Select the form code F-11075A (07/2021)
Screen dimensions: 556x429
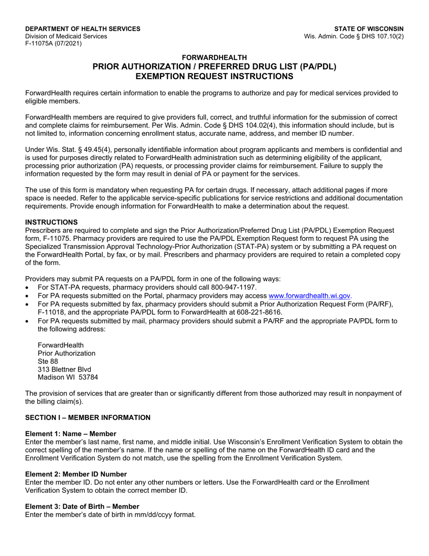coord(53,44)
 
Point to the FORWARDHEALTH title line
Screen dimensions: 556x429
coord(214,57)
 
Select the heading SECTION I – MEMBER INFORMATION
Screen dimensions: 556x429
coord(88,417)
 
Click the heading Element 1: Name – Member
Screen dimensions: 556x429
coord(70,433)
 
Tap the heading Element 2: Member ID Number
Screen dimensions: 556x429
coord(76,474)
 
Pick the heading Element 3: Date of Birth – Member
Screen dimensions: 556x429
coord(82,506)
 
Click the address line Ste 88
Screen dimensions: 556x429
coord(48,361)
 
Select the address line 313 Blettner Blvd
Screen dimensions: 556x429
coord(64,369)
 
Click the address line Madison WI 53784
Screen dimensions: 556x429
coord(68,377)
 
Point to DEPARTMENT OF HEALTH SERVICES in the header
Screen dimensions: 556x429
coord(83,28)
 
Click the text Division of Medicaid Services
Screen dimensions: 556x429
coord(66,36)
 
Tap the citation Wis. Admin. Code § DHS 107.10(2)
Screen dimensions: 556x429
coord(354,36)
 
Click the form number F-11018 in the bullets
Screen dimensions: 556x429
coord(51,312)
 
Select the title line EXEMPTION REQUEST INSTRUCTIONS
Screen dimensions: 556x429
coord(214,76)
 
